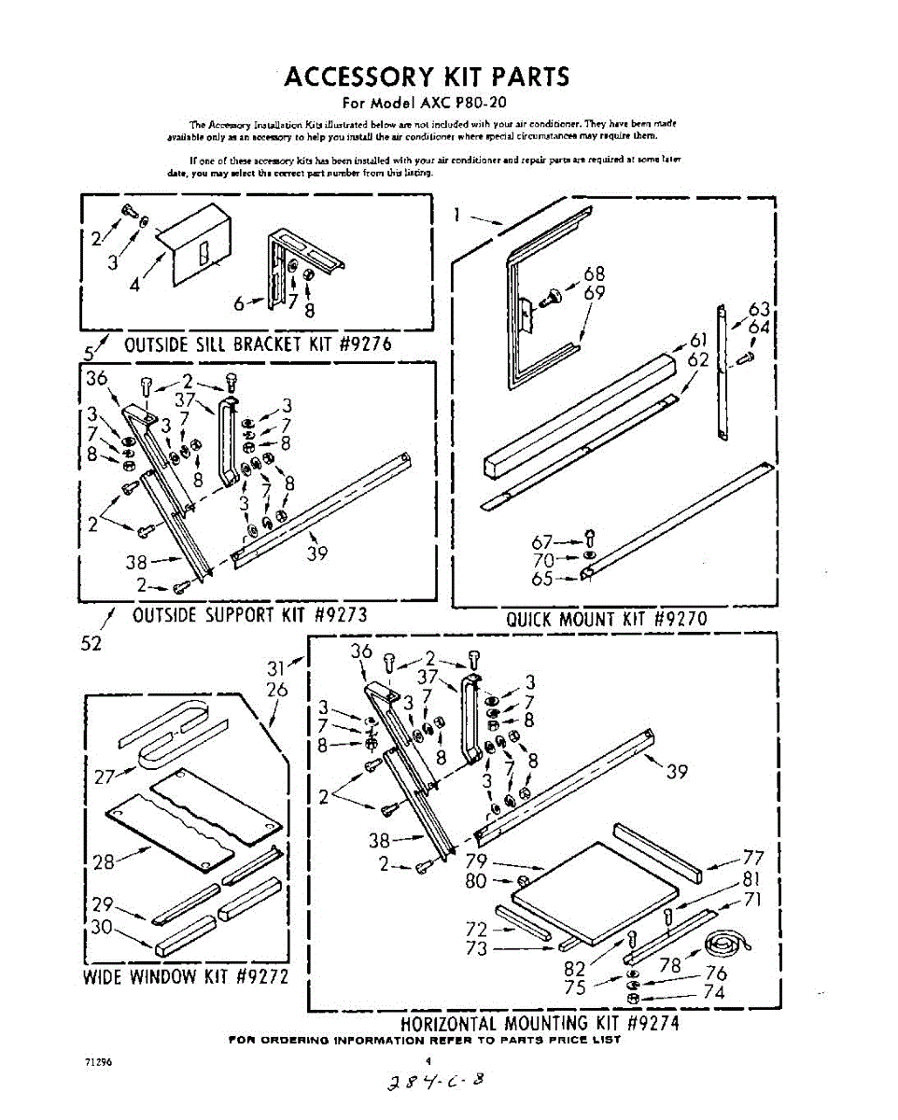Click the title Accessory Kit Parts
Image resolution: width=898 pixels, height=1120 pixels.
(x=427, y=77)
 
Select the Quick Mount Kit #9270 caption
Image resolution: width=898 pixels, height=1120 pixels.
(x=606, y=619)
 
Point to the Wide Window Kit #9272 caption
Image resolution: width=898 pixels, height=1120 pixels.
(x=185, y=977)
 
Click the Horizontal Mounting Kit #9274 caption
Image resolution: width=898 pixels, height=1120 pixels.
(x=540, y=1022)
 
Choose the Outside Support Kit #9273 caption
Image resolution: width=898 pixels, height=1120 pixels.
(x=249, y=614)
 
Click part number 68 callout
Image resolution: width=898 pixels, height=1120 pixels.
(x=594, y=273)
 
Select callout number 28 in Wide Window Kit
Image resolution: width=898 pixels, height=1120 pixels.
(x=104, y=861)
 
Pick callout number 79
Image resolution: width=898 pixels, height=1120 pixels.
(x=476, y=861)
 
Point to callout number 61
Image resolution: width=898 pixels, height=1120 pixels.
(x=700, y=341)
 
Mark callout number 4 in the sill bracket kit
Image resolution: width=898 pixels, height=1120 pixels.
(x=134, y=286)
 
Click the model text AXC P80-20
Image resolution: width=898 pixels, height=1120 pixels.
(x=463, y=103)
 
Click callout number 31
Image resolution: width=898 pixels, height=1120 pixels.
(x=276, y=668)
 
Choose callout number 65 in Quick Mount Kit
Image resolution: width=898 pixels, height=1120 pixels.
(x=542, y=579)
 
